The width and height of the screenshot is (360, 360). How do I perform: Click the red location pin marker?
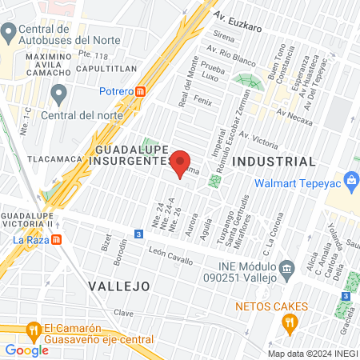[181, 162]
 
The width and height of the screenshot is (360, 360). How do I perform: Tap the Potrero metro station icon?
[141, 91]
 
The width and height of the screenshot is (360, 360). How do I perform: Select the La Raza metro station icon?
[60, 239]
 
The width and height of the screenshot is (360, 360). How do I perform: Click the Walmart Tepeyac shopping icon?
[352, 183]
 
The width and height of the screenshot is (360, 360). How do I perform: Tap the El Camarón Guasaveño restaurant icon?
[33, 328]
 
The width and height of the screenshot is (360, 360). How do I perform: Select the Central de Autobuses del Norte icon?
[9, 33]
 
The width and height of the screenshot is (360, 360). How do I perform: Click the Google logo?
[26, 350]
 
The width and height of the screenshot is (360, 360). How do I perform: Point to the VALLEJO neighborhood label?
[119, 285]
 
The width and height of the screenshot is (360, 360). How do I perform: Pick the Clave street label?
[123, 312]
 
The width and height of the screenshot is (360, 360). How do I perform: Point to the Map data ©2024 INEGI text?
[312, 353]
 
